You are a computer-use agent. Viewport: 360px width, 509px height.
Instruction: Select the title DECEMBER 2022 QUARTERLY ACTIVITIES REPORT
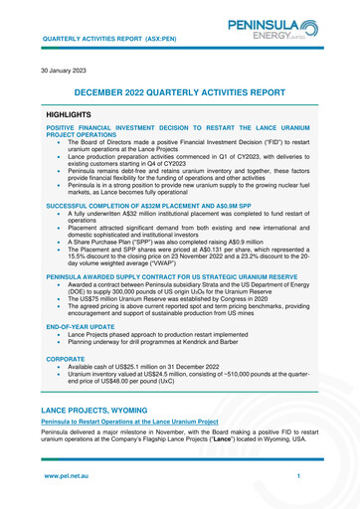click(x=179, y=92)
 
